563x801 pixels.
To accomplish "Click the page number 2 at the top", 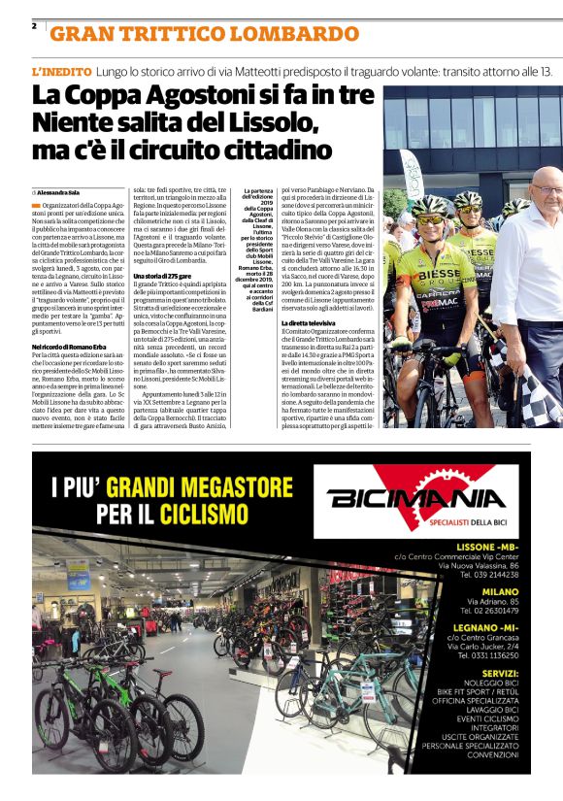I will pyautogui.click(x=34, y=25).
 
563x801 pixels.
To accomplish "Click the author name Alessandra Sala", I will pyautogui.click(x=62, y=192).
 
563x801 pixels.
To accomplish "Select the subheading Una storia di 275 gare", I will pyautogui.click(x=166, y=278).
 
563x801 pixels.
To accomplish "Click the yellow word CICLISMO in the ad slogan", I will pyautogui.click(x=198, y=509).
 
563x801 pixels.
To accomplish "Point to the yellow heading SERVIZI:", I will pyautogui.click(x=497, y=672).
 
